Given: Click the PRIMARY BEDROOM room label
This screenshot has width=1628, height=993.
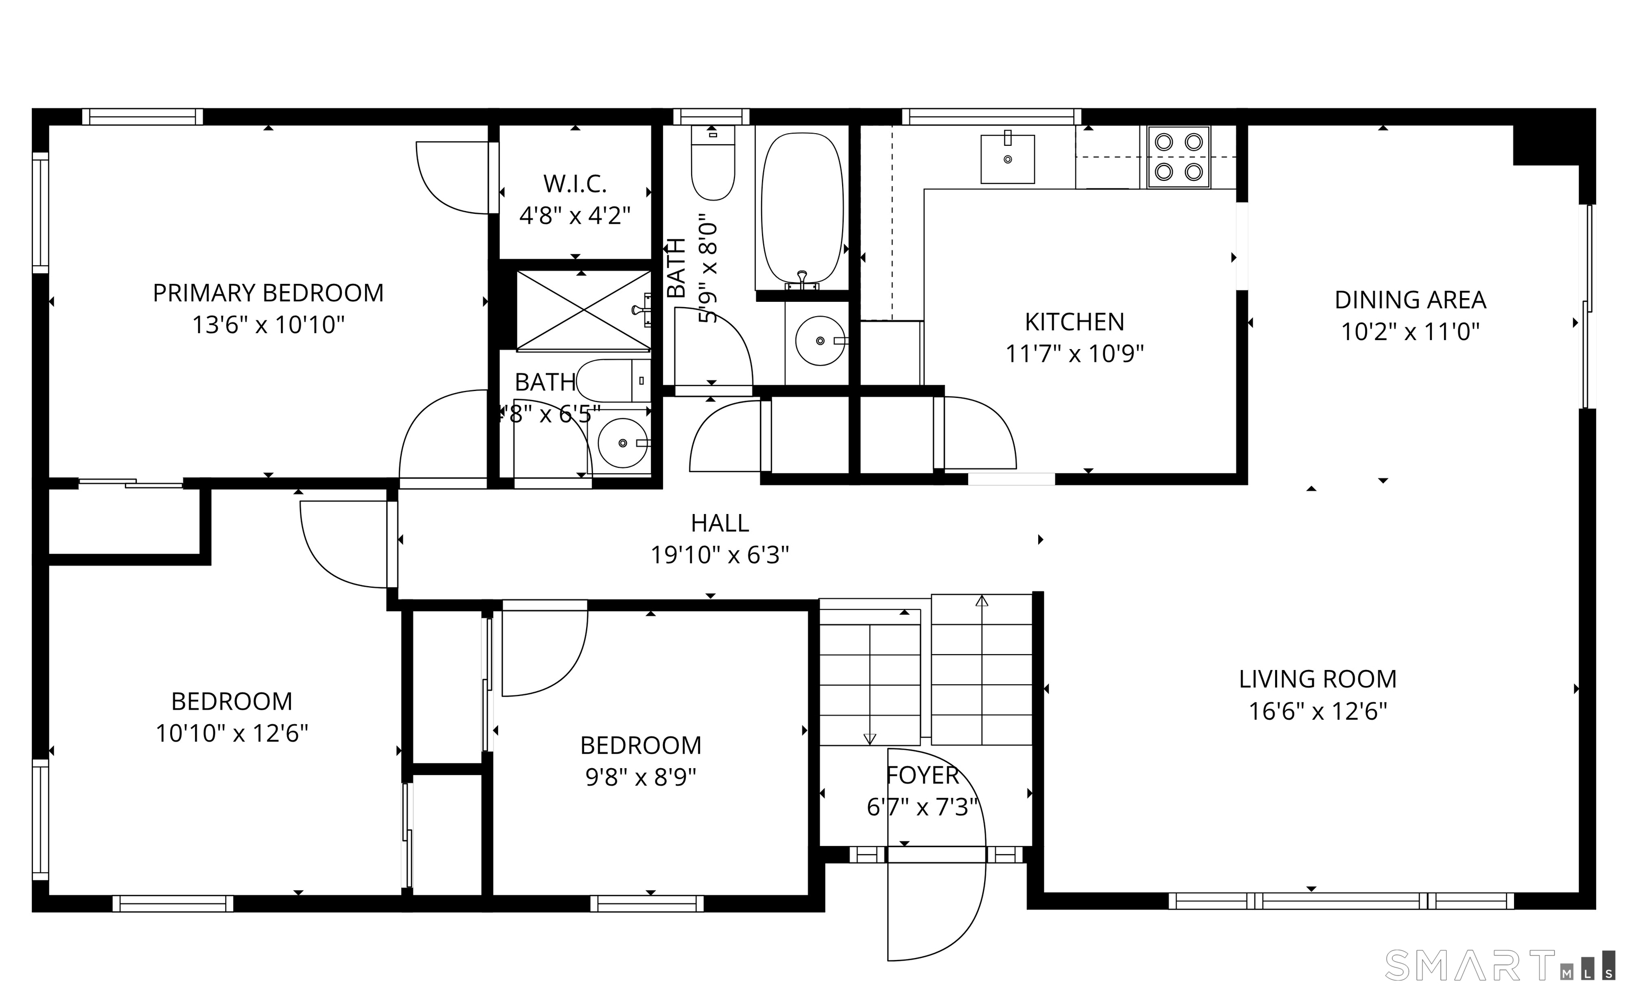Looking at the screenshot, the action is pyautogui.click(x=268, y=293).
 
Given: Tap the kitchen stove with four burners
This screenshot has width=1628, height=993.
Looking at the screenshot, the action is pyautogui.click(x=1179, y=158).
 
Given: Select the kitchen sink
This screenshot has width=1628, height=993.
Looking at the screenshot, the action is pyautogui.click(x=1007, y=159).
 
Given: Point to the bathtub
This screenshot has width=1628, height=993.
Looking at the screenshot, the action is pyautogui.click(x=802, y=211).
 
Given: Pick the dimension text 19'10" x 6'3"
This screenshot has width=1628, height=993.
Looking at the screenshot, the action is pyautogui.click(x=720, y=555).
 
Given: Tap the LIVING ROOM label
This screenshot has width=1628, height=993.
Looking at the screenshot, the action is pyautogui.click(x=1317, y=679).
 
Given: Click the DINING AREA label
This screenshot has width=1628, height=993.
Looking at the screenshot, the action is pyautogui.click(x=1410, y=300).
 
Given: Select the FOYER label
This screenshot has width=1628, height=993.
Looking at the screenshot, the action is pyautogui.click(x=922, y=775).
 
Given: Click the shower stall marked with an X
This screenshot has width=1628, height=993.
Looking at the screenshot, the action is pyautogui.click(x=583, y=310).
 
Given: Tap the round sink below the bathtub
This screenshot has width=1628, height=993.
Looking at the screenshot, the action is pyautogui.click(x=820, y=341).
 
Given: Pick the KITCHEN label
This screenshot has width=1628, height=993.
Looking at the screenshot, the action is pyautogui.click(x=1074, y=322).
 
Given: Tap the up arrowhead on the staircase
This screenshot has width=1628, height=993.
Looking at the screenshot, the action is pyautogui.click(x=982, y=601).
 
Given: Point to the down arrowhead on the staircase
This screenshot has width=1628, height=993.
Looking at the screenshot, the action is pyautogui.click(x=870, y=739).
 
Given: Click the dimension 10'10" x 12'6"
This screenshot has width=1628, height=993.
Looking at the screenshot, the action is pyautogui.click(x=232, y=733).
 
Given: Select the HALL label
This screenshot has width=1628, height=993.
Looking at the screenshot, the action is pyautogui.click(x=720, y=523).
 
